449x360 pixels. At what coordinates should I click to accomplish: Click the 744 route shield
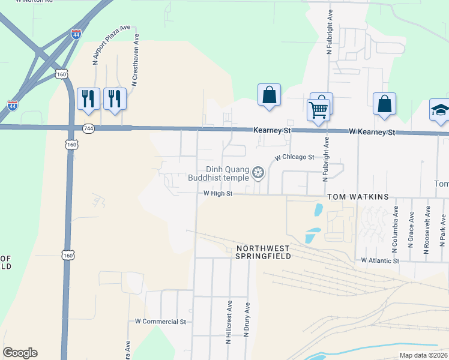point(88,128)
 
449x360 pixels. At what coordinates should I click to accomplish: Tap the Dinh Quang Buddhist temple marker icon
point(258,173)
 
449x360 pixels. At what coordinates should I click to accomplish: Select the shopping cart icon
point(318,110)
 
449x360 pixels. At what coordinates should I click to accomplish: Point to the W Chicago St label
point(295,157)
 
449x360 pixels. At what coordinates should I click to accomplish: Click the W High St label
point(217,193)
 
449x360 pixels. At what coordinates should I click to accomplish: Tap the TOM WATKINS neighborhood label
point(358,197)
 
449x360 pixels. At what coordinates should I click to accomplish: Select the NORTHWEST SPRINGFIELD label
point(264,252)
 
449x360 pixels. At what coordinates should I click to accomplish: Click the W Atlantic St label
point(380,260)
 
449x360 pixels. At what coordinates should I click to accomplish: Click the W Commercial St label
point(161,322)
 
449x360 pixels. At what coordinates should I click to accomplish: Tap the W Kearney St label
point(372,132)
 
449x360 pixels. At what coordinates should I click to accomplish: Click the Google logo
point(20,353)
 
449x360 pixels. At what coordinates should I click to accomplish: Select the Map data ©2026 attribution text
point(423,355)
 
